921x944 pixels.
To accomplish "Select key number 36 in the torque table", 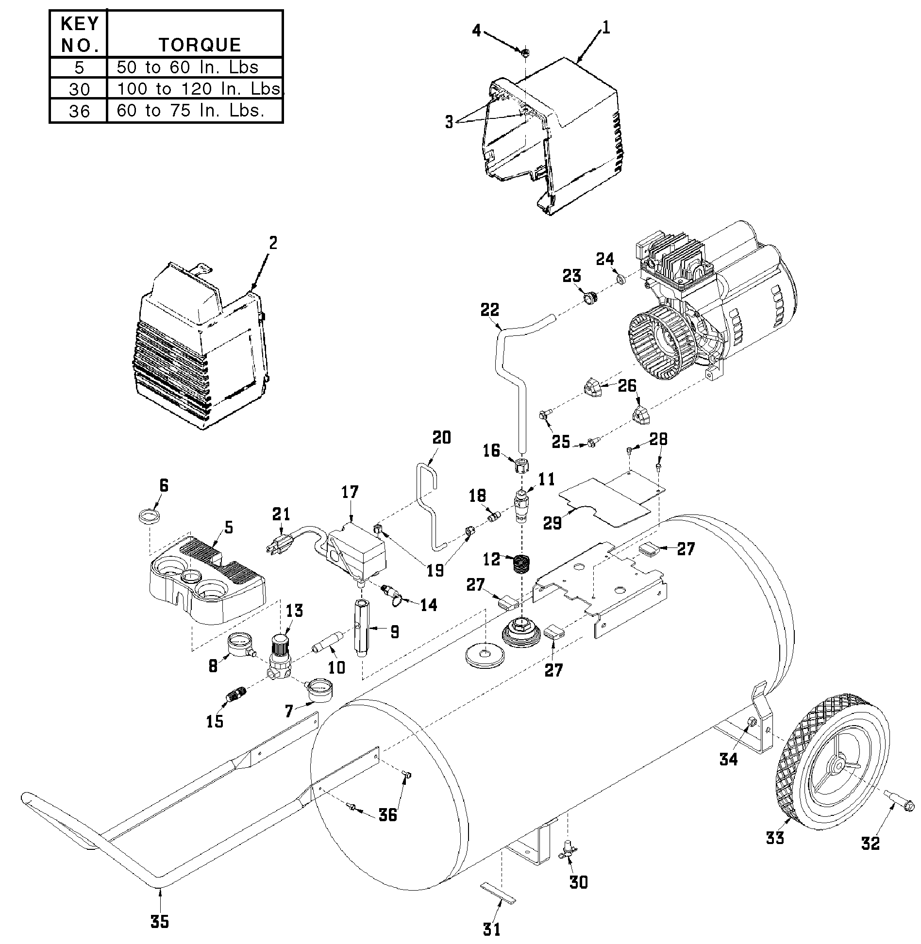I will coord(79,111).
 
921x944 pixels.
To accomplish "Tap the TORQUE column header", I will coord(200,45).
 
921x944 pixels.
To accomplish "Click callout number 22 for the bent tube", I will coord(490,310).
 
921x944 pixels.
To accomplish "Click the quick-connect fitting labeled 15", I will coord(234,697).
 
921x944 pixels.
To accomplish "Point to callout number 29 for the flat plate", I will coord(553,523).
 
